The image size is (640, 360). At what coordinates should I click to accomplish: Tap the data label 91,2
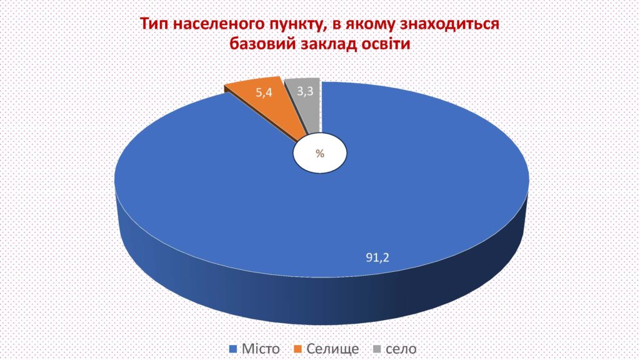click(377, 257)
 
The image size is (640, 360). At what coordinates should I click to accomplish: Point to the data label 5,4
click(264, 92)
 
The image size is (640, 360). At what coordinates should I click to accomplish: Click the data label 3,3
click(305, 91)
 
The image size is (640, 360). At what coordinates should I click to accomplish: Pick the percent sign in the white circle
click(319, 154)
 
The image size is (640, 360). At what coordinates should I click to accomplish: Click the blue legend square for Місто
click(233, 349)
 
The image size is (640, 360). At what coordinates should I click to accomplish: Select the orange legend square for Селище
click(298, 349)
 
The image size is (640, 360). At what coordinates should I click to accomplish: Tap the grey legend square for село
click(377, 349)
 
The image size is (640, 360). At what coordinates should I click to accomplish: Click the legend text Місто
click(261, 349)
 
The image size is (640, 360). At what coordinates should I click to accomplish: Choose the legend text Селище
click(332, 349)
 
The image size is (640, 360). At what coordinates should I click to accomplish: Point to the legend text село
click(401, 349)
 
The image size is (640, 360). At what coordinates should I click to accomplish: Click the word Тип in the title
click(154, 24)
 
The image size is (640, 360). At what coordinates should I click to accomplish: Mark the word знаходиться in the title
click(449, 24)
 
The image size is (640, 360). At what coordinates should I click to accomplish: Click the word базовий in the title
click(262, 43)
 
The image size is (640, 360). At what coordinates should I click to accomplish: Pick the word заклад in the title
click(328, 44)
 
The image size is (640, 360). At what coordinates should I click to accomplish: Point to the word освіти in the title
click(386, 43)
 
